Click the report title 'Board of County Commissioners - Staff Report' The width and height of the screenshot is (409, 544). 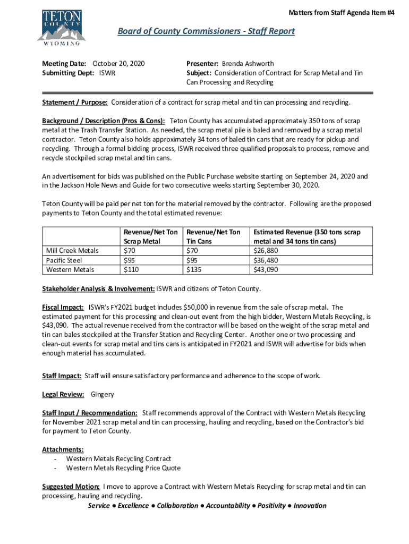click(x=206, y=31)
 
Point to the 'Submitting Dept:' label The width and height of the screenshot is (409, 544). click(x=69, y=73)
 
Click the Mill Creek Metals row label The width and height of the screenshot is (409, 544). click(x=72, y=251)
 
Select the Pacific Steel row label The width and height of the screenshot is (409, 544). click(x=64, y=260)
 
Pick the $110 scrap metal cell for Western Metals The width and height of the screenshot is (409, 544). click(x=131, y=269)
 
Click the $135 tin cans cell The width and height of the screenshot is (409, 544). click(x=193, y=269)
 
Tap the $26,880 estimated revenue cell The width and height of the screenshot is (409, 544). click(x=268, y=251)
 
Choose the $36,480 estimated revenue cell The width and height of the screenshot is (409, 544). click(x=268, y=260)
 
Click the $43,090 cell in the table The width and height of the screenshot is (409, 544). click(x=268, y=269)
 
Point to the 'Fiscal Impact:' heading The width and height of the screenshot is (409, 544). click(x=63, y=307)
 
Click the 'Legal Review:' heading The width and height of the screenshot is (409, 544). click(x=63, y=394)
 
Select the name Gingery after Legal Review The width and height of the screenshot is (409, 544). click(x=102, y=394)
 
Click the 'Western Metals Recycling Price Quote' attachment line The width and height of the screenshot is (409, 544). click(x=123, y=468)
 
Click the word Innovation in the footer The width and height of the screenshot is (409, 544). click(x=310, y=505)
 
